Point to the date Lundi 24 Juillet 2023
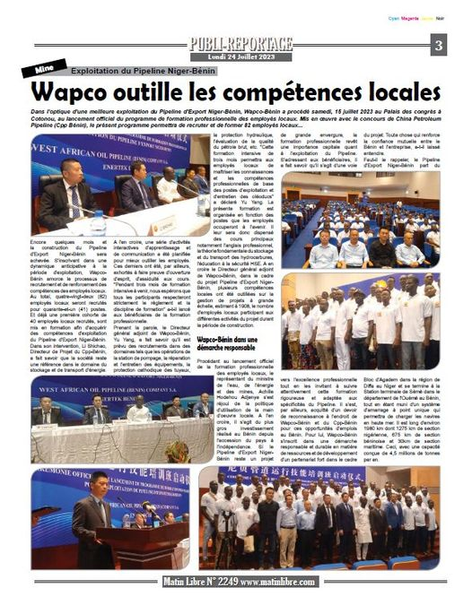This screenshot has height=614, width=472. (239, 56)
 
